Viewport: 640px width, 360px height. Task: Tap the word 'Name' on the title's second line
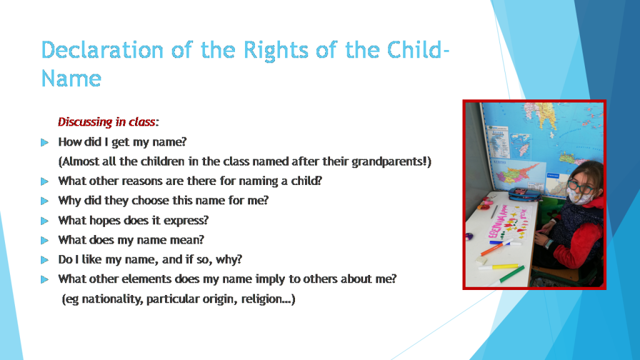tap(71, 79)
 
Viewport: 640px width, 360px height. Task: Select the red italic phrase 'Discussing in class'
tap(106, 122)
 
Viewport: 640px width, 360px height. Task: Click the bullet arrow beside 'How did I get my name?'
tap(44, 142)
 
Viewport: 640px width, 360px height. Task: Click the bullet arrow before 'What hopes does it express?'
tap(44, 221)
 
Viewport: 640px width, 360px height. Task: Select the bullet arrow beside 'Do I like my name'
tap(44, 259)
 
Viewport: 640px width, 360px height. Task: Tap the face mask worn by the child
tap(581, 197)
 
